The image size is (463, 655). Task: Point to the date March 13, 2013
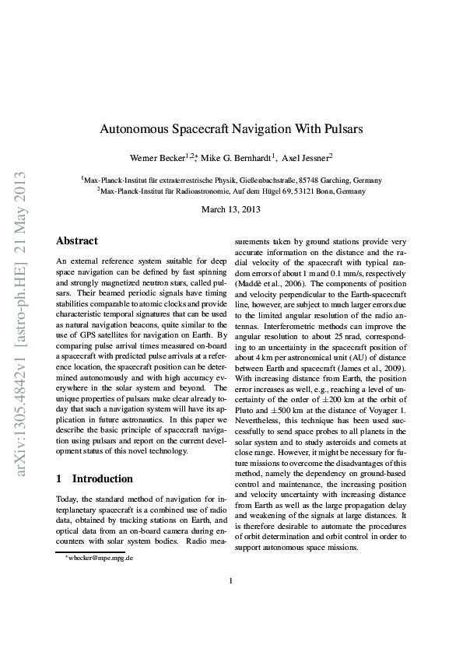point(231,209)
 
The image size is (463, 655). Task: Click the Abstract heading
point(77,242)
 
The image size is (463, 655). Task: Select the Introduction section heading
point(94,478)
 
